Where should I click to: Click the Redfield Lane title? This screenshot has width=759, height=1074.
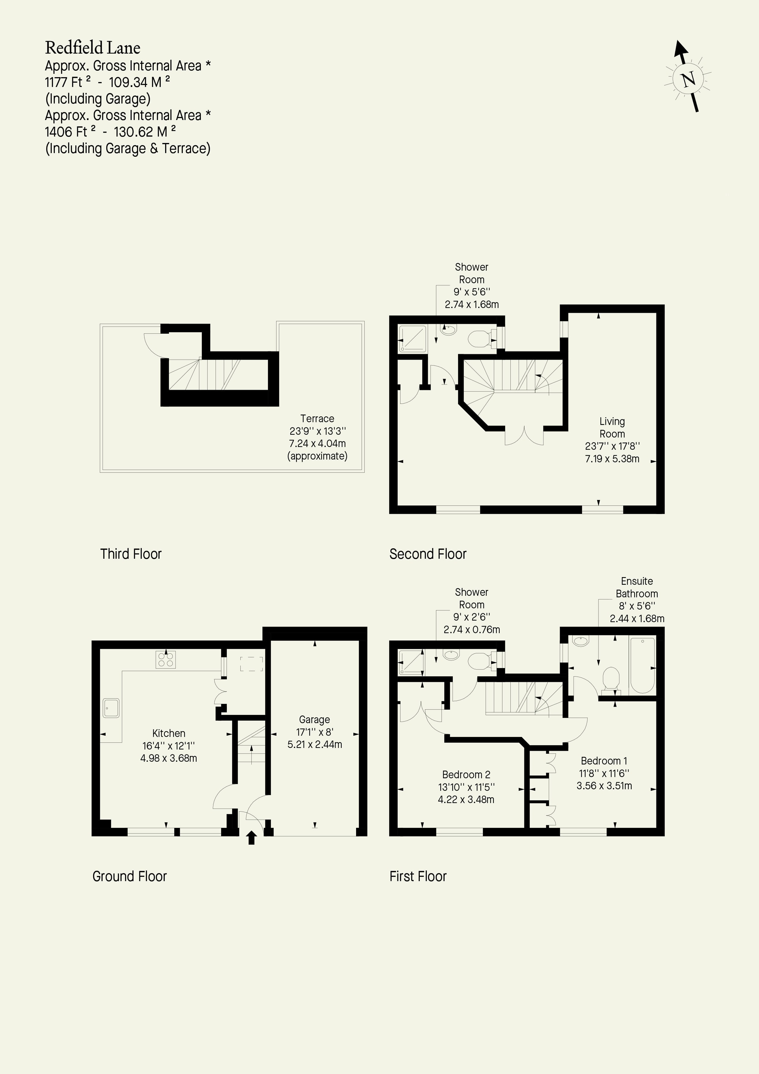(x=92, y=48)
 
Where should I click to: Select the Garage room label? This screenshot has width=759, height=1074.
(x=314, y=719)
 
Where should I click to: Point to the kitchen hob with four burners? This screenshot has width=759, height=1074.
(x=166, y=659)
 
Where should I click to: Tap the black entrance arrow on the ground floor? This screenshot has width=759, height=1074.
(x=252, y=837)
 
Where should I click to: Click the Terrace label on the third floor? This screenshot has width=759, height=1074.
(x=317, y=419)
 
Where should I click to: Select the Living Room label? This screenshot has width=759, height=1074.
(x=612, y=427)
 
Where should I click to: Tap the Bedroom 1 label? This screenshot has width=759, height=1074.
(x=604, y=760)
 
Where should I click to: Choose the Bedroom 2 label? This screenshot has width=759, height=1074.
(x=466, y=775)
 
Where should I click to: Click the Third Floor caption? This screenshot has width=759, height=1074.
(x=131, y=554)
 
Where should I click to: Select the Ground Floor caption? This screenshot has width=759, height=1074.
(x=130, y=876)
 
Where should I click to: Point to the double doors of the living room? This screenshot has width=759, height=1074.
(x=524, y=435)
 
